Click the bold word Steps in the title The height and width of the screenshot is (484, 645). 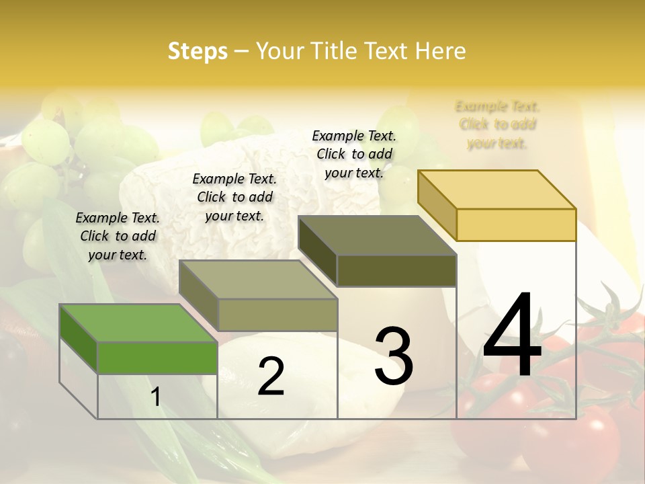[198, 51]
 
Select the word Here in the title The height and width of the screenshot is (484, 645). [440, 51]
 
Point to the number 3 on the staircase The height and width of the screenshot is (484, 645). [394, 356]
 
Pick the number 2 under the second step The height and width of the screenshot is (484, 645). [271, 376]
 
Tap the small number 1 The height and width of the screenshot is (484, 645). [156, 397]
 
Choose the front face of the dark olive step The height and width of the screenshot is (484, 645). [396, 271]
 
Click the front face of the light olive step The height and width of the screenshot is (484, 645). [277, 315]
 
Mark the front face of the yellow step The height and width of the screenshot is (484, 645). [516, 225]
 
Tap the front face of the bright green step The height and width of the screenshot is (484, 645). [157, 358]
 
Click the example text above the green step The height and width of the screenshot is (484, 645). [118, 236]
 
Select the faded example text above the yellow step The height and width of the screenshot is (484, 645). [497, 124]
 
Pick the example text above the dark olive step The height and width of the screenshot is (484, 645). [354, 154]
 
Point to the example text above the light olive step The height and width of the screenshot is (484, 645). [234, 197]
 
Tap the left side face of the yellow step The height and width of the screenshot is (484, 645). [437, 205]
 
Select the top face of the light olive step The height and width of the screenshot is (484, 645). [258, 280]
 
